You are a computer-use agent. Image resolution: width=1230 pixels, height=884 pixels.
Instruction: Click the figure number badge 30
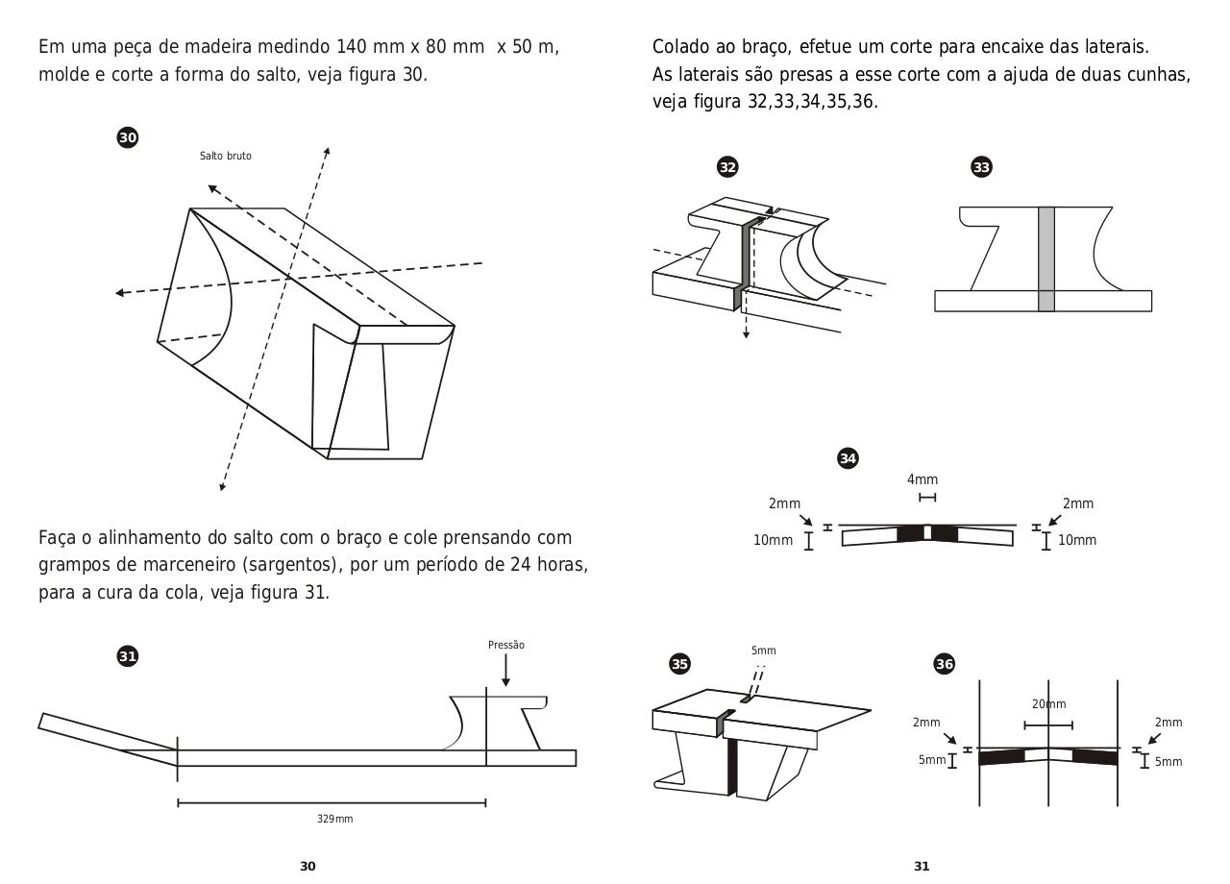tap(127, 137)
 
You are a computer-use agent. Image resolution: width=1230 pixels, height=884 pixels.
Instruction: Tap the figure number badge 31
tap(127, 656)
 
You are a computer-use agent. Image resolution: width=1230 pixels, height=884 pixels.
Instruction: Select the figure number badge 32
tap(727, 167)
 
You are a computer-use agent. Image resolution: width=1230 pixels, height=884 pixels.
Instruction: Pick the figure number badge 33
tap(981, 167)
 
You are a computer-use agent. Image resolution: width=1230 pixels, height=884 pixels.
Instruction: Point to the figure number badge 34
tap(848, 458)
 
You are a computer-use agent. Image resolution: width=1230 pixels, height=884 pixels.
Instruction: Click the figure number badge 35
tap(679, 664)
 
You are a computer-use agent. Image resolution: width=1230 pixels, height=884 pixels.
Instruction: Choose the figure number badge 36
tap(945, 664)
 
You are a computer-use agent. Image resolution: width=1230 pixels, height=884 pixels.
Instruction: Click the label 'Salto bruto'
tap(226, 156)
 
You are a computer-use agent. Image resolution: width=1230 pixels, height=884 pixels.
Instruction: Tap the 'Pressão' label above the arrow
tap(506, 645)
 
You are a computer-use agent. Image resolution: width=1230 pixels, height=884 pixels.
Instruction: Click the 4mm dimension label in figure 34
tap(922, 479)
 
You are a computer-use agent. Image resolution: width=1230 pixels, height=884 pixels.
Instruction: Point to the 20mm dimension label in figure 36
tap(1048, 704)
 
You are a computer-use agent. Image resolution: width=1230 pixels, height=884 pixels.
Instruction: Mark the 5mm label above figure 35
tap(763, 651)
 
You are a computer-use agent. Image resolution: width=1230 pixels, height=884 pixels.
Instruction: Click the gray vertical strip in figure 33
tap(1046, 258)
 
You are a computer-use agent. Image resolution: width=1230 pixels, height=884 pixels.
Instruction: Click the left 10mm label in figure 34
tap(773, 540)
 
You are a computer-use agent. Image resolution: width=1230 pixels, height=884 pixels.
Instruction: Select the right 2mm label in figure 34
tap(1077, 503)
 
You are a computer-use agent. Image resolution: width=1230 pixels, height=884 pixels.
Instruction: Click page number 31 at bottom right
tap(922, 866)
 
